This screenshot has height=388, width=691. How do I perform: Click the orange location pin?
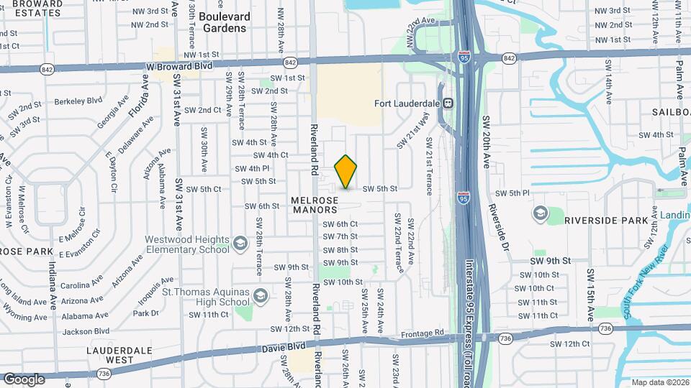346,172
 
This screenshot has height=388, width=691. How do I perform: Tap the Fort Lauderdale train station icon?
447,103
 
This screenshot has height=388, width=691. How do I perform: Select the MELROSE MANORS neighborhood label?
315,205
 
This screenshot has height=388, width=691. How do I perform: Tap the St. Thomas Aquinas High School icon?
260,295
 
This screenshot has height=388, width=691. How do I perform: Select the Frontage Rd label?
430,333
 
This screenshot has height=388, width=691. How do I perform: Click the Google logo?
24,379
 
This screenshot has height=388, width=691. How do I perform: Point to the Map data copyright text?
659,382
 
